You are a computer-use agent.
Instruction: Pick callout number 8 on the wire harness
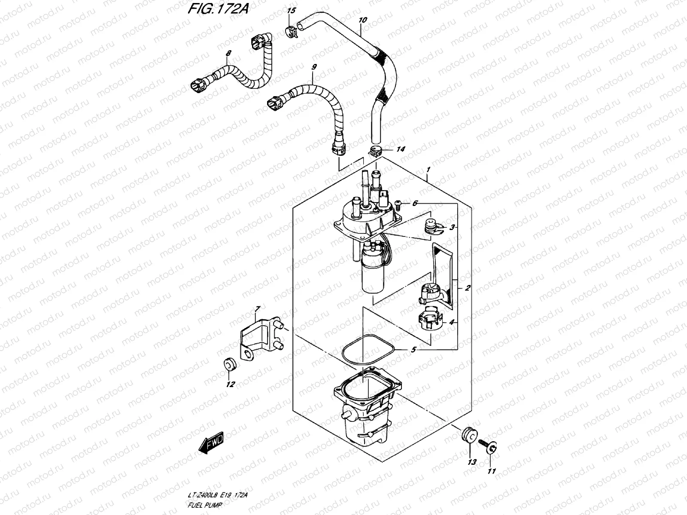(x=228, y=53)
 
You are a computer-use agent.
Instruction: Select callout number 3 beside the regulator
(x=452, y=227)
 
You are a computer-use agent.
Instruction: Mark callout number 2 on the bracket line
(x=467, y=288)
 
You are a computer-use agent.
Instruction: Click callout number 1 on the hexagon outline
(x=428, y=170)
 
